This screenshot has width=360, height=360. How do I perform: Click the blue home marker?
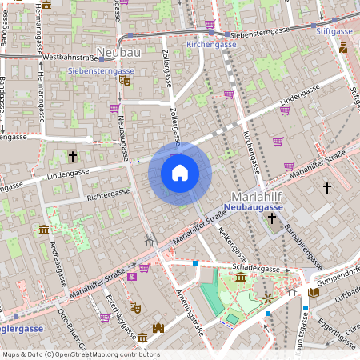click(180, 173)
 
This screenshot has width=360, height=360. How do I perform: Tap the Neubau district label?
click(118, 53)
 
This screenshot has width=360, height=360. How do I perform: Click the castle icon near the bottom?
click(158, 327)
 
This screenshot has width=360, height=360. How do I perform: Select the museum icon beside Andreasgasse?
click(42, 230)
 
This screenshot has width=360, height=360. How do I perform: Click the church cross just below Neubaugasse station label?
click(272, 218)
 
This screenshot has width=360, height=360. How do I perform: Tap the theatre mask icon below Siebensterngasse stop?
click(124, 80)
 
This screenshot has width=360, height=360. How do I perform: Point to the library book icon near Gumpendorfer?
click(313, 294)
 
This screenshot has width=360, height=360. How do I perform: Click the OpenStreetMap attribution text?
click(80, 354)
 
